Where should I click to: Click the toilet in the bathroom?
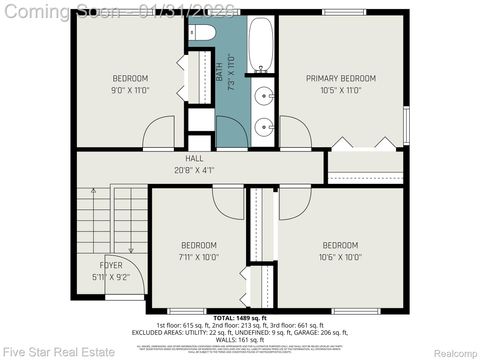click(201, 33)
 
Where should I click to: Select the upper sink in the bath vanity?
click(263, 97)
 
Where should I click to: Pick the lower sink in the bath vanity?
click(263, 127)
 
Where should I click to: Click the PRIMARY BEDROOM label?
click(340, 78)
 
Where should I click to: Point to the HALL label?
click(194, 159)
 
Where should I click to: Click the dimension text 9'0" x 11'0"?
click(129, 90)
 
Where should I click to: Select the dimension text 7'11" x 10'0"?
click(198, 256)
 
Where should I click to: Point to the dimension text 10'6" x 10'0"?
click(340, 256)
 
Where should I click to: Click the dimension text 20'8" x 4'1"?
click(194, 169)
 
